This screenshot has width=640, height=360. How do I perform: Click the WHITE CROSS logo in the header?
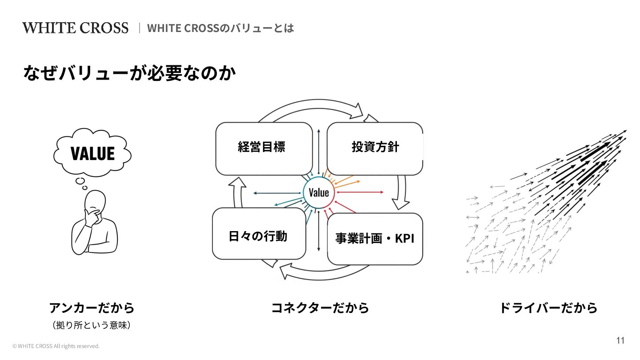tap(75, 28)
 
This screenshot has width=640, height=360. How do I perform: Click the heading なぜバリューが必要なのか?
tap(129, 74)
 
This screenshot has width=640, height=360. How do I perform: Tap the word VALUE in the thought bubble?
tap(93, 153)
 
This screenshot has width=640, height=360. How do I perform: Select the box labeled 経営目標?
tap(264, 148)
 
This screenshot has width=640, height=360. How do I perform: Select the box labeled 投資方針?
tap(375, 148)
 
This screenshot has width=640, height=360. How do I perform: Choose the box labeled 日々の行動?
tap(259, 234)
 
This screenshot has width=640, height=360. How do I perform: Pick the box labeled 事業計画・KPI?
tap(375, 239)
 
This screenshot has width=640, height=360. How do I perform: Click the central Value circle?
tap(319, 192)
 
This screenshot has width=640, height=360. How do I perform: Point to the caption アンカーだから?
tap(92, 308)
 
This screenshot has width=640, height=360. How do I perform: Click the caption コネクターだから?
tap(320, 308)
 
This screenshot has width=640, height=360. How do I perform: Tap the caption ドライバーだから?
tap(548, 308)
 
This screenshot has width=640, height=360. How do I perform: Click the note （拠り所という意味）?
tap(92, 325)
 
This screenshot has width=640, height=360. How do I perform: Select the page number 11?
tap(620, 340)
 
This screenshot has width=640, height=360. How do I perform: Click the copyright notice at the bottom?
tap(56, 346)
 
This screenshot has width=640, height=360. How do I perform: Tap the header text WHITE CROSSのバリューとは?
tap(220, 28)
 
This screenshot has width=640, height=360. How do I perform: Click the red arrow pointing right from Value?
tap(360, 192)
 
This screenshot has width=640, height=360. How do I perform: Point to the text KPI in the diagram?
tap(404, 239)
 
